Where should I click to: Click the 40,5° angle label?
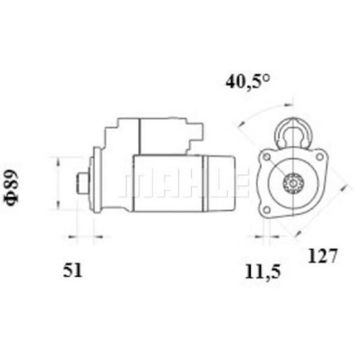(x=248, y=82)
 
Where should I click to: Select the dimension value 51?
(x=72, y=271)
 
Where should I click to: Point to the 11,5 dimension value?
(x=263, y=272)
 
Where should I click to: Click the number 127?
(x=323, y=256)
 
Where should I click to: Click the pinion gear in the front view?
(x=292, y=183)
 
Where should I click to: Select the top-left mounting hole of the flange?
(x=267, y=157)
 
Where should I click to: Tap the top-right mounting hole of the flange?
(x=319, y=157)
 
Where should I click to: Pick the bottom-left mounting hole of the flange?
(x=267, y=210)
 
